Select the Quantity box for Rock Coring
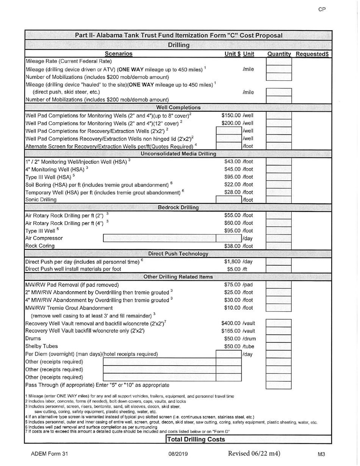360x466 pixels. [279, 246]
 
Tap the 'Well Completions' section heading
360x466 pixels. [178, 107]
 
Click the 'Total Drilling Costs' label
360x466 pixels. [196, 439]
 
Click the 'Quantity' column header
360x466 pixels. [279, 54]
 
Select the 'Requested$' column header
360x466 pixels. [312, 54]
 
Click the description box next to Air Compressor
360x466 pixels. [159, 238]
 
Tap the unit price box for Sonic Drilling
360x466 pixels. [229, 200]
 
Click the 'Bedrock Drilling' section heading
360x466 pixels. [178, 207]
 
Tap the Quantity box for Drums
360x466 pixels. [279, 339]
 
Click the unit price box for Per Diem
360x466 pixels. [229, 354]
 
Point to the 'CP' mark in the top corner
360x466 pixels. [322, 9]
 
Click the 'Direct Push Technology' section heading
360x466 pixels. [178, 253]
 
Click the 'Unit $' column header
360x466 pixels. [233, 54]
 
